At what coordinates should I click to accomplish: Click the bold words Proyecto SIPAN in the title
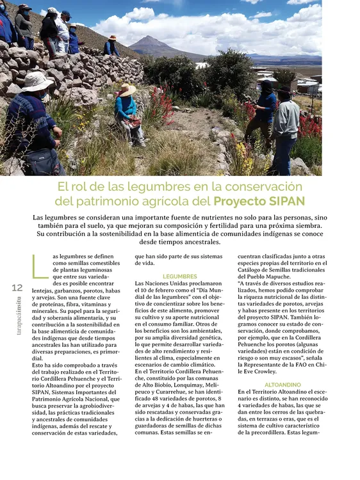click(x=260, y=201)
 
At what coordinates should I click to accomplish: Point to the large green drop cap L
click(x=37, y=268)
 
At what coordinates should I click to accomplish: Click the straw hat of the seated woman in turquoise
click(x=127, y=90)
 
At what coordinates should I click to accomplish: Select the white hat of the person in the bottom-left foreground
click(x=37, y=81)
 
